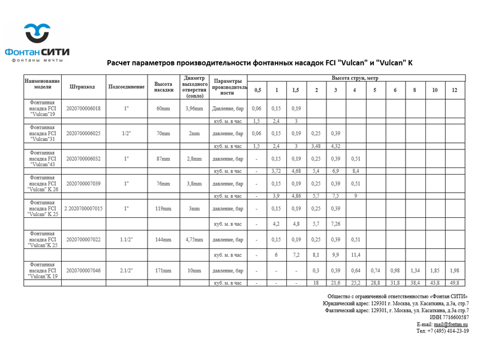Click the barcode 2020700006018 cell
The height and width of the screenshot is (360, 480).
click(x=83, y=109)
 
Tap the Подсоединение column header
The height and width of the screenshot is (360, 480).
click(x=126, y=86)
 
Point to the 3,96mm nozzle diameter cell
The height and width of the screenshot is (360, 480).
click(x=194, y=109)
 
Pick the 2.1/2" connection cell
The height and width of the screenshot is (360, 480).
click(x=126, y=271)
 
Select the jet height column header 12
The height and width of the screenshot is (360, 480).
click(x=454, y=90)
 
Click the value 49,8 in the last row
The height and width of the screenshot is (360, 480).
click(x=454, y=283)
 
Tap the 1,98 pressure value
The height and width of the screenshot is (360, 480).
click(x=454, y=271)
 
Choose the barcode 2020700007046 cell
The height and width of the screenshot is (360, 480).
click(x=83, y=271)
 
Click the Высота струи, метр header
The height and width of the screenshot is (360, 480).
click(x=356, y=78)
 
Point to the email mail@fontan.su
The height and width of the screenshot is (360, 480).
click(x=451, y=324)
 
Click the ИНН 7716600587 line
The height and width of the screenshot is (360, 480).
click(x=449, y=317)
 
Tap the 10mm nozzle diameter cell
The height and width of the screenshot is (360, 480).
click(x=194, y=271)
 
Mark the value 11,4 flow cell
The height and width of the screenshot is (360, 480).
click(x=355, y=255)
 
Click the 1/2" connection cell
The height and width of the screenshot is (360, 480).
click(x=126, y=133)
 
